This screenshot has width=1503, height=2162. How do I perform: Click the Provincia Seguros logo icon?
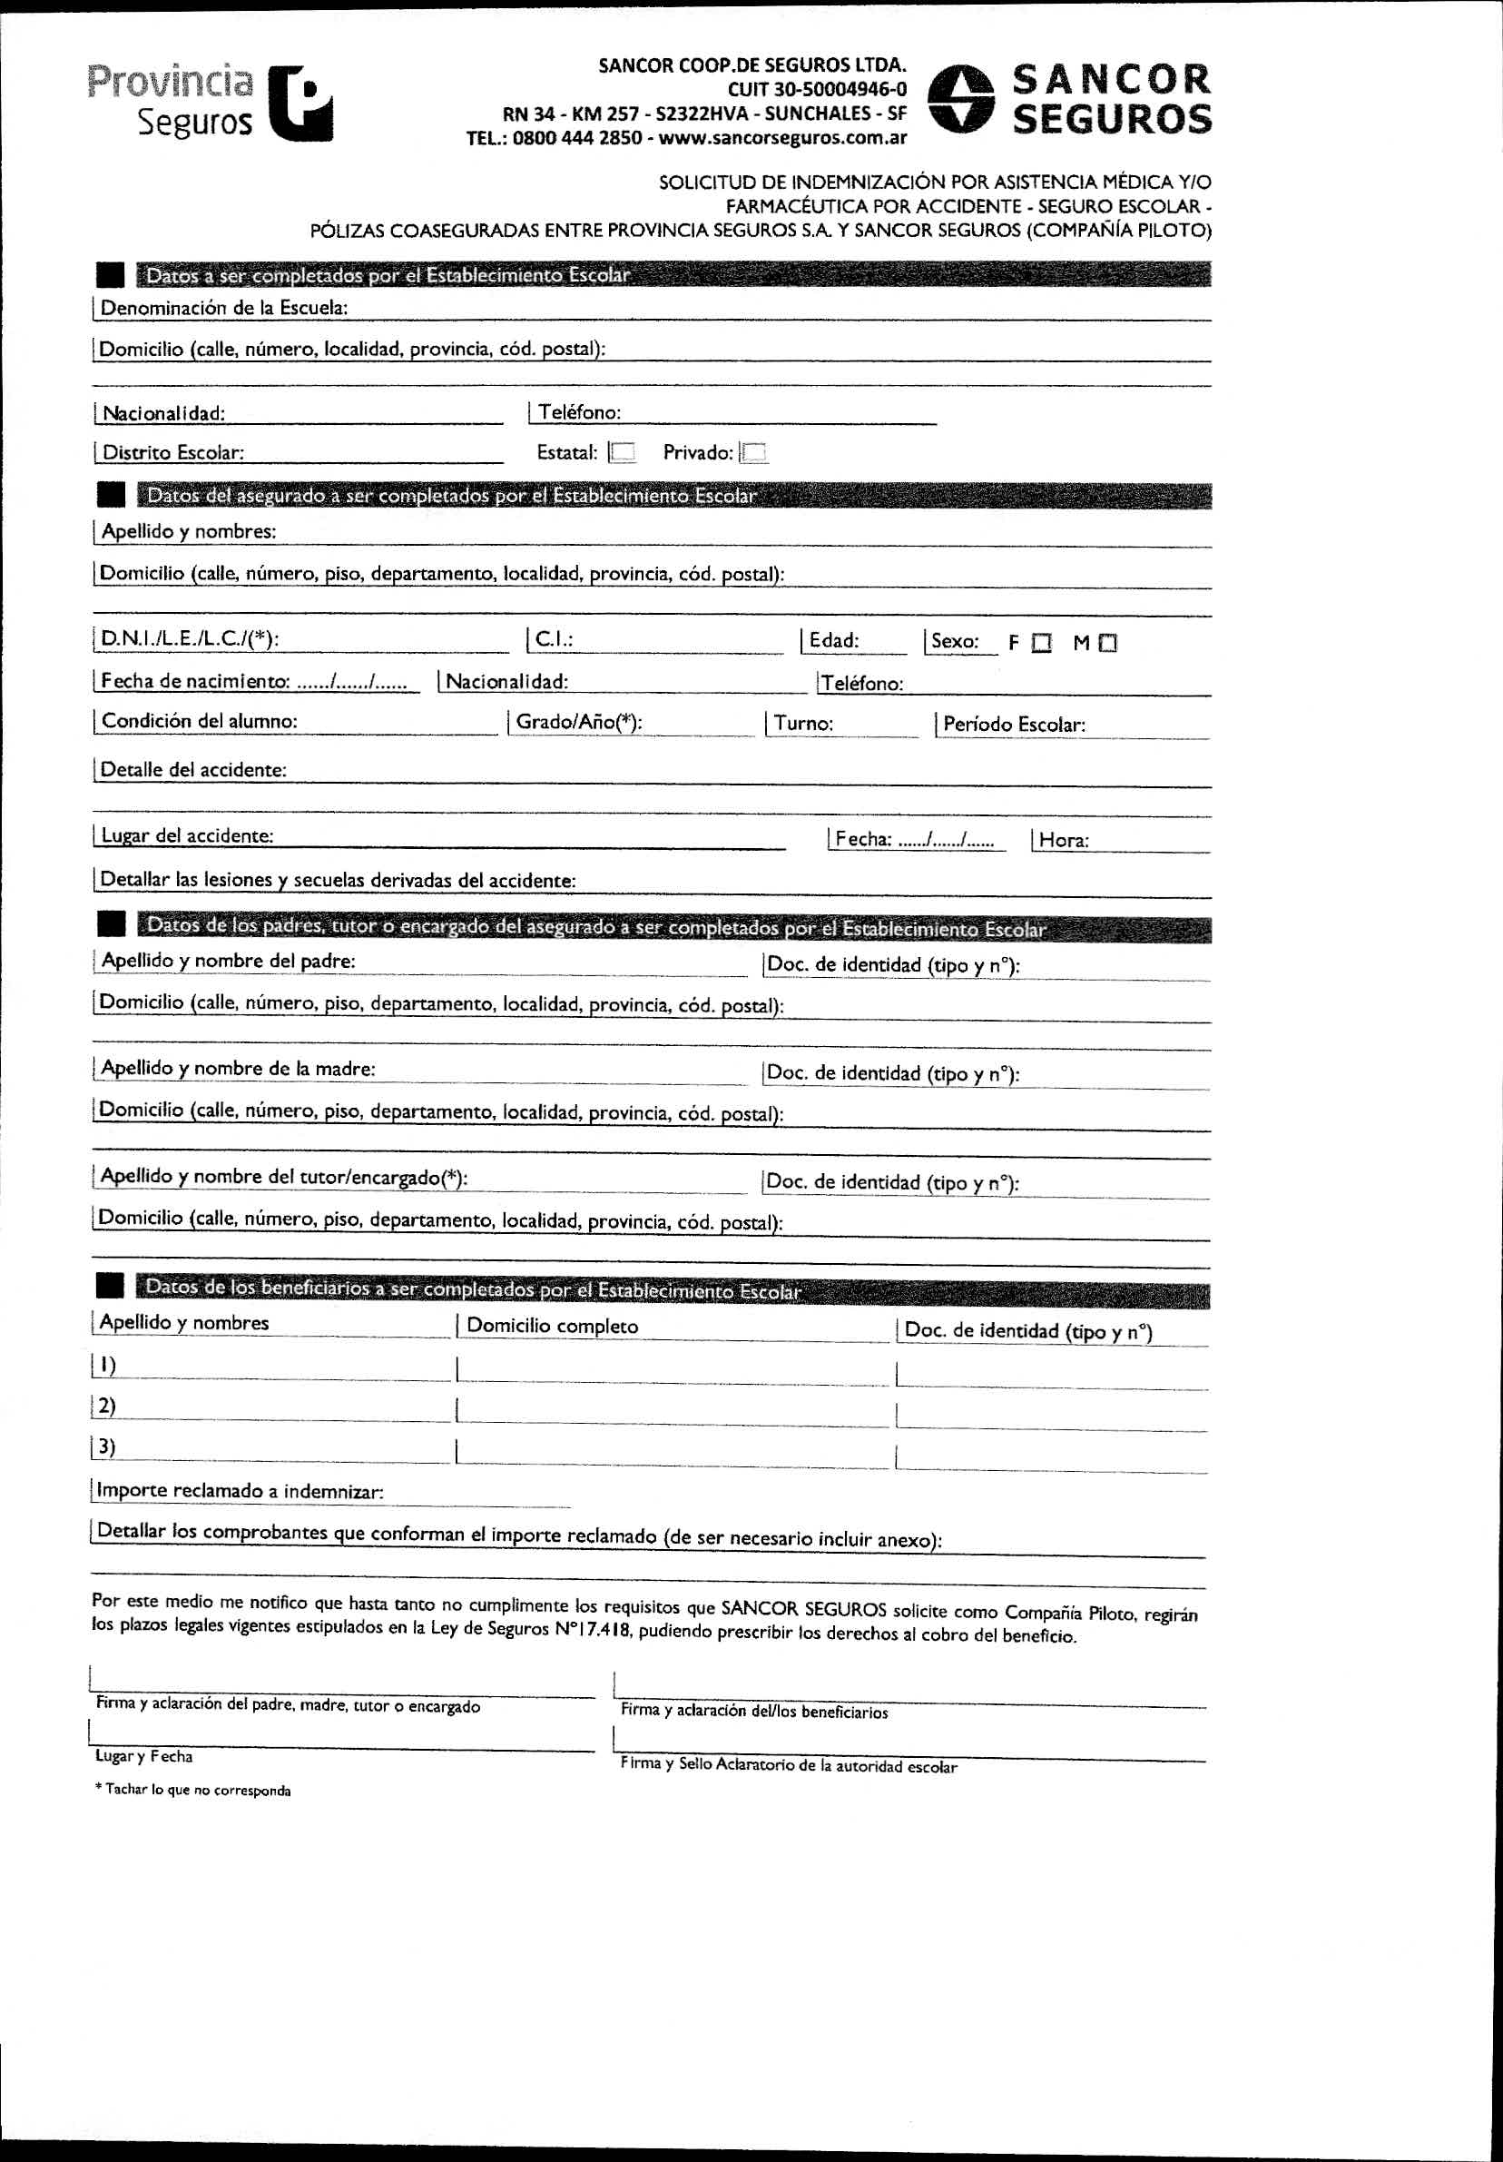point(300,104)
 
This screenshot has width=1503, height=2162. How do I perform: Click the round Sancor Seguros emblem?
point(961,99)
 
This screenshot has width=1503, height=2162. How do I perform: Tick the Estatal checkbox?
point(622,453)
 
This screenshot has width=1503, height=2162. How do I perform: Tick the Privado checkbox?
point(754,453)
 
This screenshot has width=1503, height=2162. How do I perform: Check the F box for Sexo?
point(1041,643)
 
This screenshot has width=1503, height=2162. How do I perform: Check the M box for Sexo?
point(1107,643)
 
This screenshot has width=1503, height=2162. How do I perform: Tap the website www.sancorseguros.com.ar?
point(782,138)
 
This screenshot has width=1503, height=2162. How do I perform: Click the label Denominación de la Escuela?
point(224,308)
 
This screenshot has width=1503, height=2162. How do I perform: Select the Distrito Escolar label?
point(172,453)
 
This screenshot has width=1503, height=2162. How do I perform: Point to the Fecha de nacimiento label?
point(195,681)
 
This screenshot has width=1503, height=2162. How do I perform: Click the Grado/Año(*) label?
point(578,722)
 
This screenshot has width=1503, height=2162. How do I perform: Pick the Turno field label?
point(803,723)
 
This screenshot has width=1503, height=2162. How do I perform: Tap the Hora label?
point(1064,840)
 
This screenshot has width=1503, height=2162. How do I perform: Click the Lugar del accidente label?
point(186,836)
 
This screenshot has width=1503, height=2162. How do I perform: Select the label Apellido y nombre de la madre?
point(238,1069)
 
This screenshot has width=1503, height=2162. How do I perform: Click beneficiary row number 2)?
point(106,1406)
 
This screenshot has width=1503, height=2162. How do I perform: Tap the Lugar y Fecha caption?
point(143,1756)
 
